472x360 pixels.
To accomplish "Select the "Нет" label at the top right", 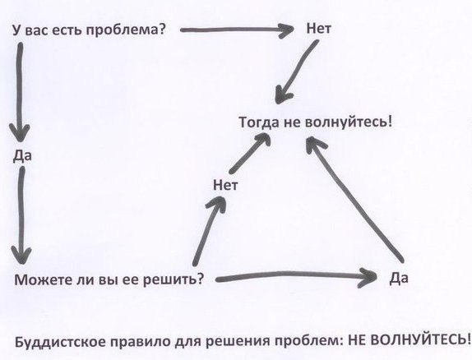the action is (319, 29).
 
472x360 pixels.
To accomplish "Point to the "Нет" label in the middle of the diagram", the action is (225, 185).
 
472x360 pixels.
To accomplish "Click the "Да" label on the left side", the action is (22, 156).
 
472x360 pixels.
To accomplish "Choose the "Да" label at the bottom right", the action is (399, 278).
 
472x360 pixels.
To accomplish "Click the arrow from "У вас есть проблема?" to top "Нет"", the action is (237, 30).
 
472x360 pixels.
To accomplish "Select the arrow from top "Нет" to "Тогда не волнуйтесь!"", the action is (296, 72).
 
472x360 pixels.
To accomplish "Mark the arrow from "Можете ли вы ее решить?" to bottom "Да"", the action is (296, 276).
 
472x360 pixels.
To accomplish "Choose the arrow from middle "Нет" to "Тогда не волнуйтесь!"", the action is (250, 153).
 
